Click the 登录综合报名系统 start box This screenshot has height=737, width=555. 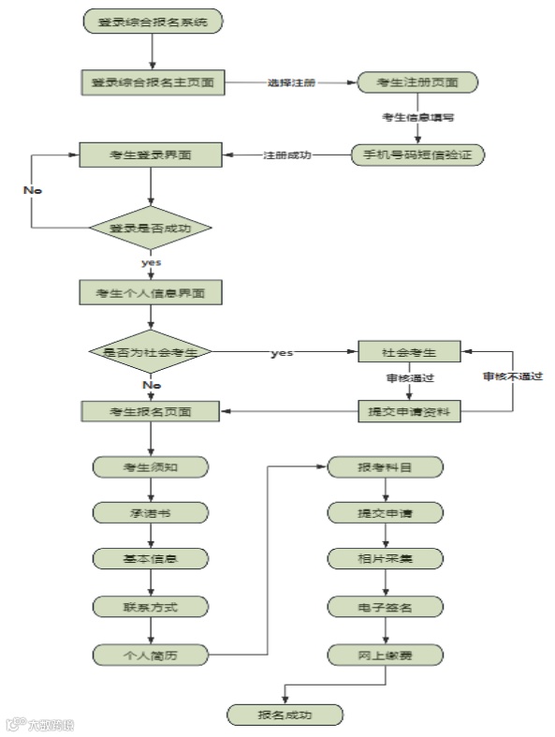(153, 22)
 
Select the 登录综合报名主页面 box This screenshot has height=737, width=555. (152, 82)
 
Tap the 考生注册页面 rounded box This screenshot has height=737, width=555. (418, 82)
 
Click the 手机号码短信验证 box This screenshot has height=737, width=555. (417, 155)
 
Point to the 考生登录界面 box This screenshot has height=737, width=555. (151, 155)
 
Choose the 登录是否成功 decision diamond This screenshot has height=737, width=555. (151, 227)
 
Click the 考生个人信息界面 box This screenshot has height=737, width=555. (151, 292)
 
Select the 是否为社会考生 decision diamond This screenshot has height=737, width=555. (151, 352)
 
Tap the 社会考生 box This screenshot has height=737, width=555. (411, 352)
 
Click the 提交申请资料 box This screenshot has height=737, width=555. (411, 411)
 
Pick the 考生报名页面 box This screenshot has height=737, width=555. (151, 411)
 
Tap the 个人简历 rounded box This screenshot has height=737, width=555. (150, 655)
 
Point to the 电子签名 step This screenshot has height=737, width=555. (384, 607)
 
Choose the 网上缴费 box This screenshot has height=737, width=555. (384, 655)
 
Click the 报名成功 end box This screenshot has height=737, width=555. (285, 715)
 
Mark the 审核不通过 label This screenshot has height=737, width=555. (513, 376)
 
